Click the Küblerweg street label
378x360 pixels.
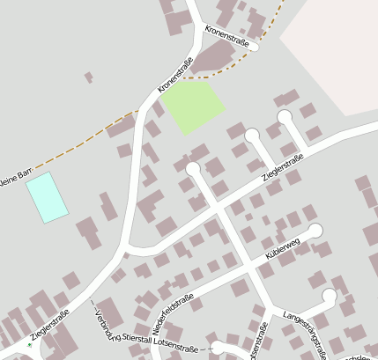(283, 247)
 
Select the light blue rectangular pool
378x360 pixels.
(47, 196)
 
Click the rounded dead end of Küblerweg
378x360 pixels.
(315, 231)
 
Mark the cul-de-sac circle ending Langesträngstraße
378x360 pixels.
(330, 295)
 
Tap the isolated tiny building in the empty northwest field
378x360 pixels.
(89, 77)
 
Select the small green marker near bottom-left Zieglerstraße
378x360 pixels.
(29, 344)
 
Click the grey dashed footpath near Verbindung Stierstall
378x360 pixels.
(94, 310)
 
